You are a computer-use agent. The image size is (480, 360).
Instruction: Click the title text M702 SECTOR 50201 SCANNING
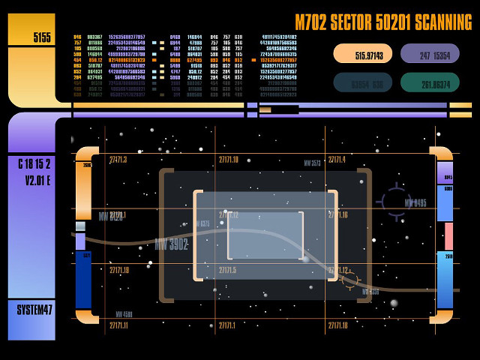(x=383, y=22)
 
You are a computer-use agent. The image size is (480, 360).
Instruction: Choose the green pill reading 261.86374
(x=430, y=84)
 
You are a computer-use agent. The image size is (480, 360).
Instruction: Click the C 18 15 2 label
(x=34, y=164)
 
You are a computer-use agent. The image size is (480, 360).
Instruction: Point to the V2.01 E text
(x=37, y=180)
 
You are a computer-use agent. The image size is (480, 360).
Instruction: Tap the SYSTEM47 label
(x=35, y=310)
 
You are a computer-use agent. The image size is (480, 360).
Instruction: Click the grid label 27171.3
(x=118, y=160)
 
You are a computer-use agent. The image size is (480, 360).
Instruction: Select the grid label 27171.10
(x=229, y=160)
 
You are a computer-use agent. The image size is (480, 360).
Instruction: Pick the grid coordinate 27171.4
(x=336, y=160)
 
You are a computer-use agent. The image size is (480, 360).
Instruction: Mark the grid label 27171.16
(x=337, y=215)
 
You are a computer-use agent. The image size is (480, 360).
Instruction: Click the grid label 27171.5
(x=227, y=270)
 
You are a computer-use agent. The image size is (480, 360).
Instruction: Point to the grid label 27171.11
(x=118, y=325)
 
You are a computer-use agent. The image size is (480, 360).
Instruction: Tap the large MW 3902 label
(x=171, y=244)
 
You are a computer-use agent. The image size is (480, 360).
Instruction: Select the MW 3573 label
(x=312, y=163)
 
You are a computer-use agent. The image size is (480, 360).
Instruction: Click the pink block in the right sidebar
(x=448, y=236)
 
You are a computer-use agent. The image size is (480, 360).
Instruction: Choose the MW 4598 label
(x=124, y=314)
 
